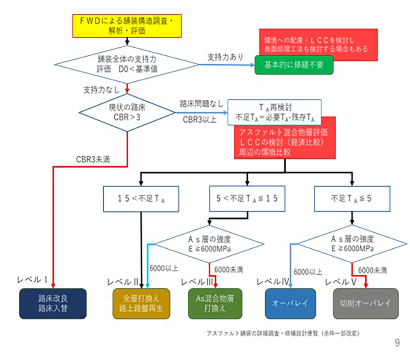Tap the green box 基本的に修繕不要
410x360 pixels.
(x=294, y=65)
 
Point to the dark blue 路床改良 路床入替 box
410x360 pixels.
(x=53, y=303)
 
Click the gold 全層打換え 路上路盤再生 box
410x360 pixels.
(x=141, y=303)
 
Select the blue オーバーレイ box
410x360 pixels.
(x=290, y=303)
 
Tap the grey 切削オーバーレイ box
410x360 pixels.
(x=365, y=303)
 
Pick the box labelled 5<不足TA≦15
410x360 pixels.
(x=247, y=199)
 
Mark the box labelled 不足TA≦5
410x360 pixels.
(x=351, y=199)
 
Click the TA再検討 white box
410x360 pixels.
(x=274, y=112)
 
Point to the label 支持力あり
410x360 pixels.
(x=225, y=56)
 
